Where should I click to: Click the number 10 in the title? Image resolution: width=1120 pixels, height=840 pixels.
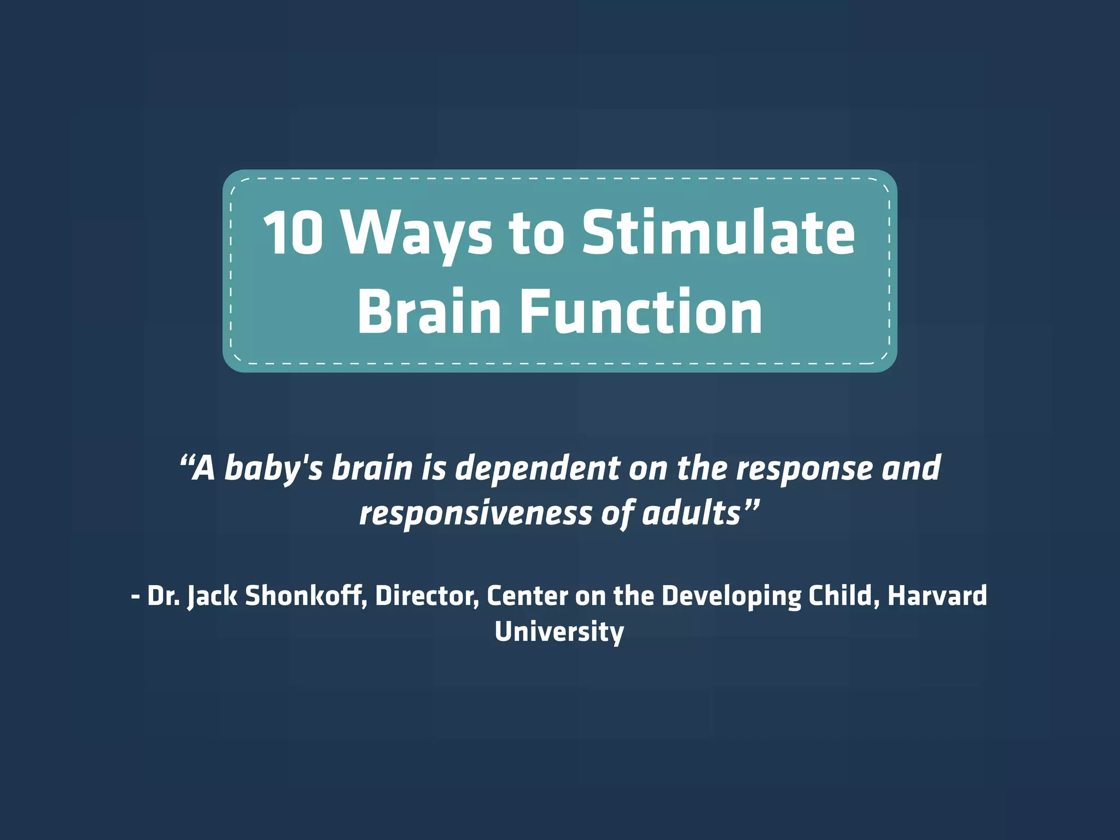[293, 233]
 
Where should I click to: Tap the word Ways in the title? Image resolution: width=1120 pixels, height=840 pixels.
[417, 234]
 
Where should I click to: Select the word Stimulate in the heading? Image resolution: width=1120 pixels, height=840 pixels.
[718, 233]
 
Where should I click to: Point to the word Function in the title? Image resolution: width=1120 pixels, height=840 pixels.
[640, 312]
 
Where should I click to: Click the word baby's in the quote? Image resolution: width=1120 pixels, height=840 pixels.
[273, 469]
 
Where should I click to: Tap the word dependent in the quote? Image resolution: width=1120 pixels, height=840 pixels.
[538, 469]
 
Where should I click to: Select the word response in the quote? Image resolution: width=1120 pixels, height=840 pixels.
[804, 469]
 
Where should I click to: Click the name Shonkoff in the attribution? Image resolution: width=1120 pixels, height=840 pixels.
[305, 596]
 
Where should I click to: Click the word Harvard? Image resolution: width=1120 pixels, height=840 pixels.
[937, 596]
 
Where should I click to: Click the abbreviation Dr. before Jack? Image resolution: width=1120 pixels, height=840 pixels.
[163, 596]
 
